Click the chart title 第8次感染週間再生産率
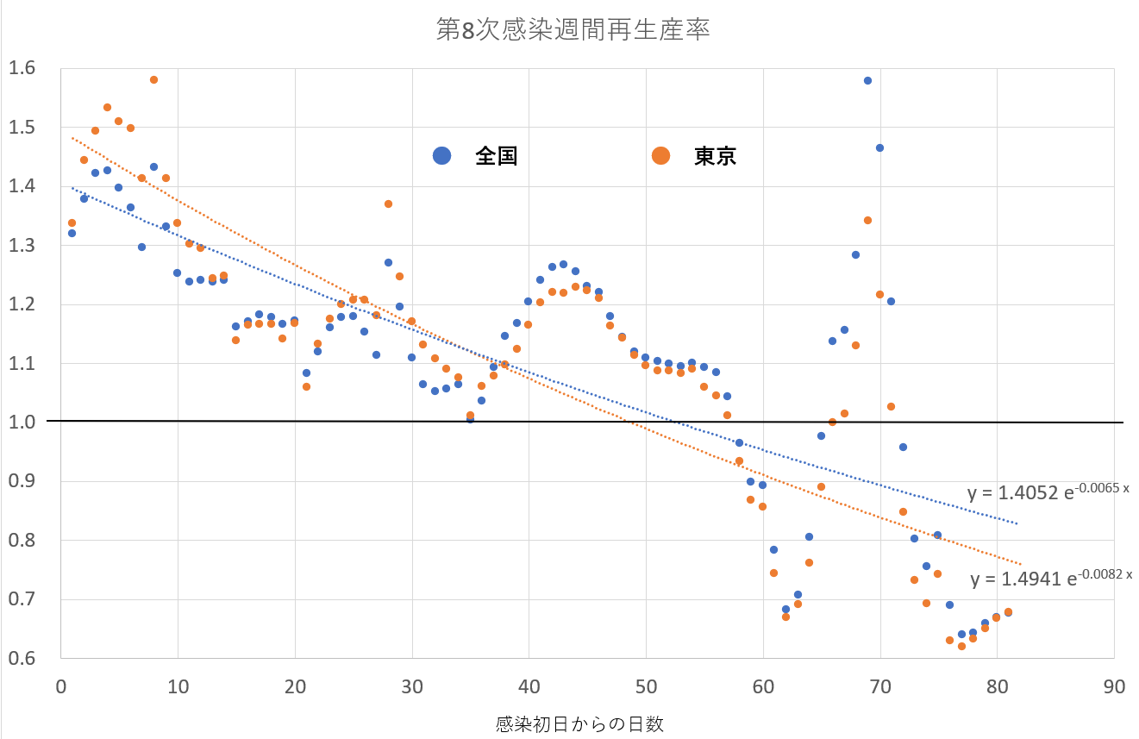(x=573, y=31)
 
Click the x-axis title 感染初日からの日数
(x=580, y=723)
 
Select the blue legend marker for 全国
(x=442, y=155)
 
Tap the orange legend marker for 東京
(x=661, y=155)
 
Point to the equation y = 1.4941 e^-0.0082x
(x=1050, y=578)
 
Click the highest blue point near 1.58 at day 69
(x=867, y=80)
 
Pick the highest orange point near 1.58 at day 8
(x=153, y=79)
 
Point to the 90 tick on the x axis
(x=1114, y=687)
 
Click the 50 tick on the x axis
(x=646, y=687)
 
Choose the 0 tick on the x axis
(x=60, y=687)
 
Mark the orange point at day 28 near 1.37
(x=388, y=204)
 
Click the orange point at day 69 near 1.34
(x=867, y=220)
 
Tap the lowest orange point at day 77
(x=961, y=646)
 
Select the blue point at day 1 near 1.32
(x=72, y=233)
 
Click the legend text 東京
(x=716, y=156)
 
